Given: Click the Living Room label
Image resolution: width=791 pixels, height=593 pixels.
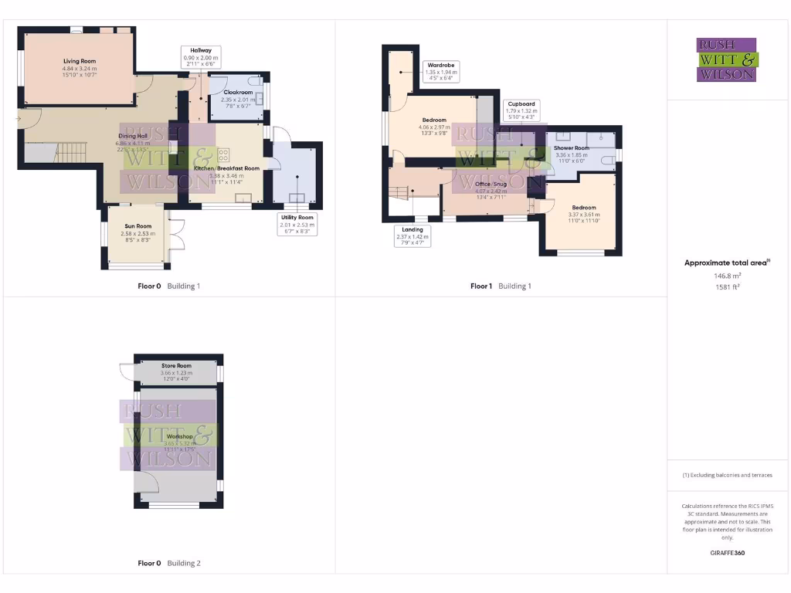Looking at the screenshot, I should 79,60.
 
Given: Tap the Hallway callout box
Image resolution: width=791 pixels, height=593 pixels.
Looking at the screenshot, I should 200,57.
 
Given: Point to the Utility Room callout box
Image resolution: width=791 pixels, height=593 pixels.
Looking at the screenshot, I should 297,224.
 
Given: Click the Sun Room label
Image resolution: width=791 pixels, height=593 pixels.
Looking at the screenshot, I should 137,227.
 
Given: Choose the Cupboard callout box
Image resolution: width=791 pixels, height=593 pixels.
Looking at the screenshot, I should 521,110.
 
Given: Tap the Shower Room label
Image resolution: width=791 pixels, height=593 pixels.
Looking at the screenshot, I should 571,148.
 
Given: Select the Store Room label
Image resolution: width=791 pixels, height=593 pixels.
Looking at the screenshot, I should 176,366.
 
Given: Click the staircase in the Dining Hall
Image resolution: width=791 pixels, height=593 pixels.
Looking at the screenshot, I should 73,150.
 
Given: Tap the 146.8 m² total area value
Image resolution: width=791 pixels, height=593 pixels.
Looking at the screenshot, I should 727,275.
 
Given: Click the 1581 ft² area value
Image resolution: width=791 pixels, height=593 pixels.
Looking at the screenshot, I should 727,286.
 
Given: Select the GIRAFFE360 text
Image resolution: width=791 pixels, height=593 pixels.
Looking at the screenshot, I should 727,553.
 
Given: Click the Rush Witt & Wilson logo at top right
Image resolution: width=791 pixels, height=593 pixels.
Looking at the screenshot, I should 727,59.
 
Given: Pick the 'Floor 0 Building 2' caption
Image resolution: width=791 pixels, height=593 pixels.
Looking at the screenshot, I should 169,564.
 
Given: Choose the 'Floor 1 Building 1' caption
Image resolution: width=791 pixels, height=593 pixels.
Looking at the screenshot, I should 501,286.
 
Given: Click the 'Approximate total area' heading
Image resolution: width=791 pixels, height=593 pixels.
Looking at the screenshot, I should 727,263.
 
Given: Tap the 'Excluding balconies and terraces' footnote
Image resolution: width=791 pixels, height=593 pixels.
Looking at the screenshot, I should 727,475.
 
